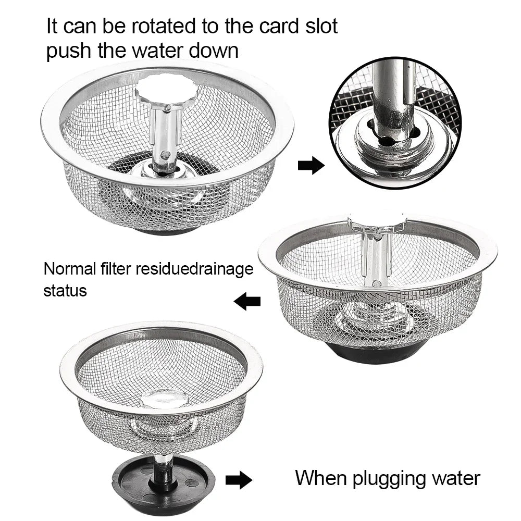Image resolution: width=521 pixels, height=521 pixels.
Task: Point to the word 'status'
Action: coord(65,290)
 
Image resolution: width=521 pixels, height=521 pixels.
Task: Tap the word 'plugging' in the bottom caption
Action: coord(386,478)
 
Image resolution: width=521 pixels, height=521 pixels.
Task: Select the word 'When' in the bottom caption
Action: coord(319,478)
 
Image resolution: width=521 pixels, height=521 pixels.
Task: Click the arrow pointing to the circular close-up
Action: coord(311,166)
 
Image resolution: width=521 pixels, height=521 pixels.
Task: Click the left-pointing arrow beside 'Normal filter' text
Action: coord(247,301)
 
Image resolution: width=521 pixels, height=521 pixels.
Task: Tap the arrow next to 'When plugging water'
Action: coord(239,480)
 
